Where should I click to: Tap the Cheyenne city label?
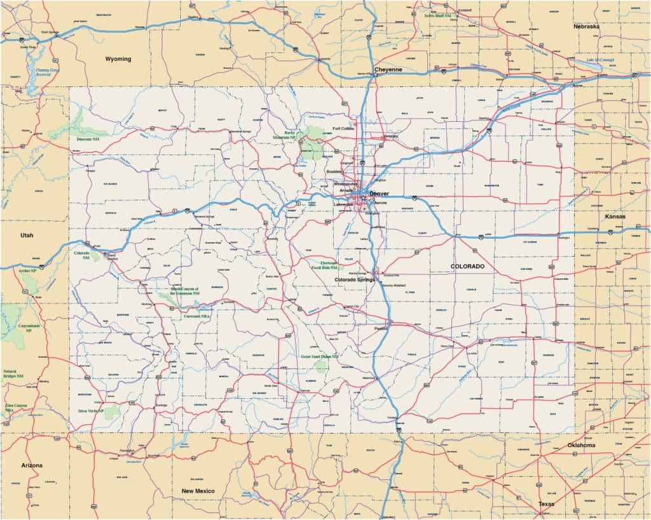(x=388, y=70)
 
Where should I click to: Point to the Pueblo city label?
(x=381, y=329)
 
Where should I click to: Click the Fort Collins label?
(x=343, y=128)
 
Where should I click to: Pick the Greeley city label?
(x=390, y=135)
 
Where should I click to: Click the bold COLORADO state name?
(x=467, y=266)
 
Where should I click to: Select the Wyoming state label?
(x=118, y=59)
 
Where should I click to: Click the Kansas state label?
(x=615, y=217)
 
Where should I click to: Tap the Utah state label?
(x=26, y=235)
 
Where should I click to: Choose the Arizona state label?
(x=32, y=465)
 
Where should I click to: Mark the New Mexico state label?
(x=198, y=491)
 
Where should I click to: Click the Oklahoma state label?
(x=581, y=445)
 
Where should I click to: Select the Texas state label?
(x=545, y=504)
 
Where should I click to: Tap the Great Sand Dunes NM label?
(x=322, y=357)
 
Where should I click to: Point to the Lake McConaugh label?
(x=601, y=60)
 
